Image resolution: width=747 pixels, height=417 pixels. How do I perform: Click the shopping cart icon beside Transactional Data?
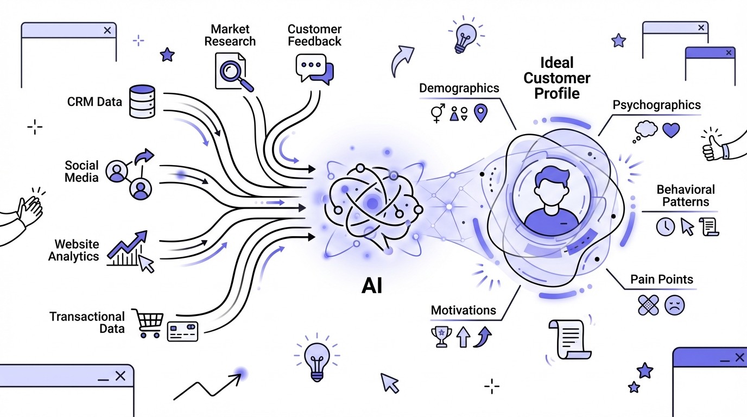148,324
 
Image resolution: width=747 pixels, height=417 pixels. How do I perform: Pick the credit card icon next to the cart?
183,331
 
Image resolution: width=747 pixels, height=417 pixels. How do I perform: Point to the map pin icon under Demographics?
481,113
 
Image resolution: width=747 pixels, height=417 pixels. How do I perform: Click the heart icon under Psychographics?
671,130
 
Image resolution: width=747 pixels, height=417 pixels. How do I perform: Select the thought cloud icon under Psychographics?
645,130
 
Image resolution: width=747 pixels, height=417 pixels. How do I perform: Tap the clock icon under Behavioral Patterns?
664,226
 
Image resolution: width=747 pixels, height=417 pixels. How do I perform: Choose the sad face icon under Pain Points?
675,305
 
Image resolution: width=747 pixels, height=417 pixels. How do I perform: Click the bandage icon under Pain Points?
648,305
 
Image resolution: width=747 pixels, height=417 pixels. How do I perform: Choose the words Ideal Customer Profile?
557,78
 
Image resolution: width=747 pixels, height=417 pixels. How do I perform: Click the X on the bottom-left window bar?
121,375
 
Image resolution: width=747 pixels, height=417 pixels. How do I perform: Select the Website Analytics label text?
74,250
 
